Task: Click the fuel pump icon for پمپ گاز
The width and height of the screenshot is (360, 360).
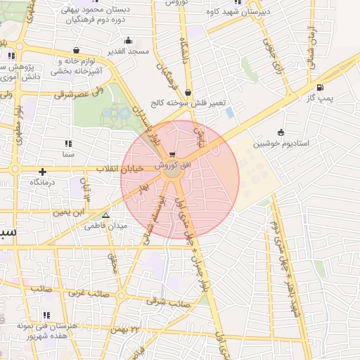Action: pos(321,87)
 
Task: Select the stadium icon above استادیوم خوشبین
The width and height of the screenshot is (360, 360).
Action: pos(281,131)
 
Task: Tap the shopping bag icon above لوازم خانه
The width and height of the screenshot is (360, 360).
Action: pos(76,50)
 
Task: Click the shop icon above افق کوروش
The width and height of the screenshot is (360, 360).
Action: pos(173,154)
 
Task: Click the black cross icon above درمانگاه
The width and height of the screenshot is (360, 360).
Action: pos(43,171)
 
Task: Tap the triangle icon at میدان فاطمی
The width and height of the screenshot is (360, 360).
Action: pos(105,216)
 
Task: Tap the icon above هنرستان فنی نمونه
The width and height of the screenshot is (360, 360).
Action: pos(46,315)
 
